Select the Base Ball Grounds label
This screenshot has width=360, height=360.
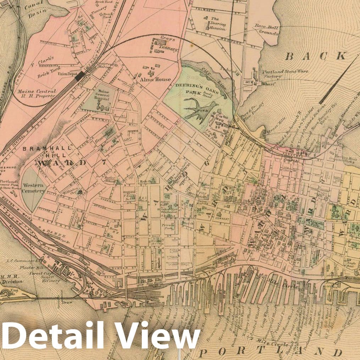click(266, 30)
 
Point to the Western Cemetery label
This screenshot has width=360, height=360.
click(33, 188)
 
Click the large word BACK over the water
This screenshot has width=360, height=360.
click(315, 56)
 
